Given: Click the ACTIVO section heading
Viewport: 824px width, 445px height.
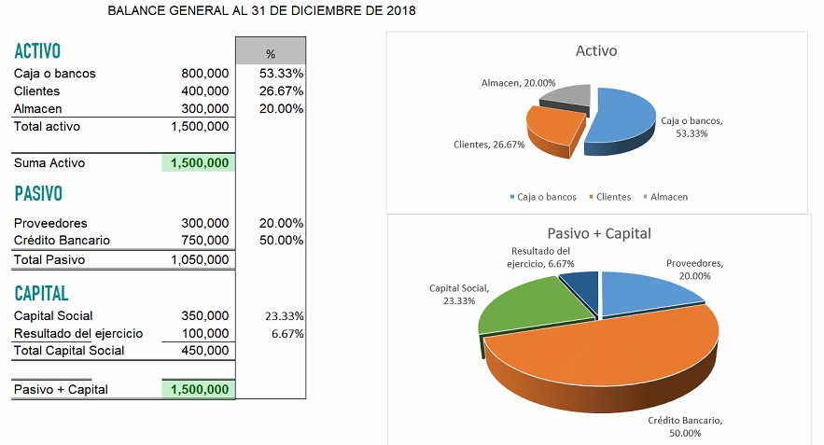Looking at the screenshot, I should pyautogui.click(x=37, y=50).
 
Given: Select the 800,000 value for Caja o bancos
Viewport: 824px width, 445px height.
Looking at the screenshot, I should pyautogui.click(x=204, y=74).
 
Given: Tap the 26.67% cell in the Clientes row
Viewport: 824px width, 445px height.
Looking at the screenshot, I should pyautogui.click(x=281, y=91).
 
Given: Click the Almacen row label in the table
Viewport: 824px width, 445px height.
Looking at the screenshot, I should pyautogui.click(x=37, y=109).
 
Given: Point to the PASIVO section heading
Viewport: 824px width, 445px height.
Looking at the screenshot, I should pyautogui.click(x=38, y=194).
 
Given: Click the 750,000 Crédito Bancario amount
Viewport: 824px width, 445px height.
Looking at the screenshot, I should pyautogui.click(x=204, y=241).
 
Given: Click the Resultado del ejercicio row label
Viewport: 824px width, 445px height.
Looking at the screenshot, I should pyautogui.click(x=78, y=333).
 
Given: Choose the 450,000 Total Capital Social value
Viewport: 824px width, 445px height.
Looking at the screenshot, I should pyautogui.click(x=204, y=351).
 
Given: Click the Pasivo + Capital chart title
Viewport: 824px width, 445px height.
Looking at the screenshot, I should pyautogui.click(x=598, y=233).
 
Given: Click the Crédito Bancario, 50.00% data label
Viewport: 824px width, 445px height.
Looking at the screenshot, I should pyautogui.click(x=685, y=426).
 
